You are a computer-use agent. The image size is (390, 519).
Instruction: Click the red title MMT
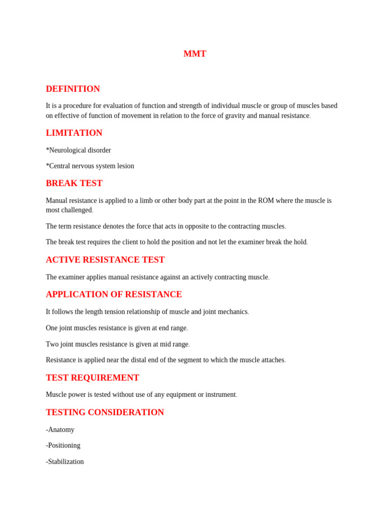[194, 54]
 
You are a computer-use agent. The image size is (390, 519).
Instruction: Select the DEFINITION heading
[73, 89]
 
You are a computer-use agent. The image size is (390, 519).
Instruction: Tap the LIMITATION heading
[74, 133]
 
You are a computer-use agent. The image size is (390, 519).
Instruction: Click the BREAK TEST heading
[74, 183]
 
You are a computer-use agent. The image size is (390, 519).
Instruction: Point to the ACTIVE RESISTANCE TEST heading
[105, 259]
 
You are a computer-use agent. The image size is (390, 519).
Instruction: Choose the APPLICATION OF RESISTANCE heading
[114, 294]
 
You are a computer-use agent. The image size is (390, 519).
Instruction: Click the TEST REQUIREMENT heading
[92, 378]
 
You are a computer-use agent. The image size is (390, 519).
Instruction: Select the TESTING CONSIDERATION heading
[105, 412]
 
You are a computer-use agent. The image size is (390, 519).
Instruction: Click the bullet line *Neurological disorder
[78, 150]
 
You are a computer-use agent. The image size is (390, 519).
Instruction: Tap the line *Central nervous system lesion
[90, 166]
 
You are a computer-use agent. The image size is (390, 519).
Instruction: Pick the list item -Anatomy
[60, 429]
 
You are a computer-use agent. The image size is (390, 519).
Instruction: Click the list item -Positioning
[63, 445]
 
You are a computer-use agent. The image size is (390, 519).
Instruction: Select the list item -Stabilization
[64, 461]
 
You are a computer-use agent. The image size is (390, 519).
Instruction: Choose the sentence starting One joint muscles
[116, 328]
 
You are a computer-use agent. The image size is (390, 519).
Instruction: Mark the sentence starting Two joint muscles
[117, 344]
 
